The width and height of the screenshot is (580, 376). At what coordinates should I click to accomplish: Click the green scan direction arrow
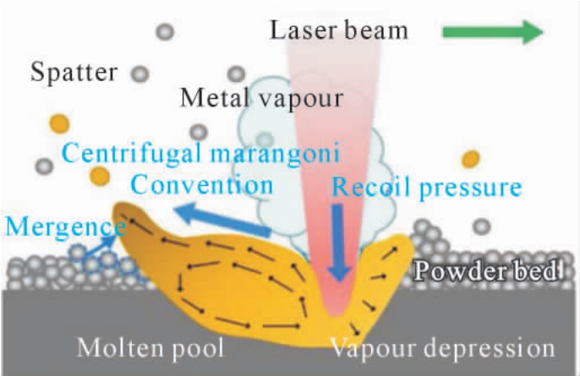click(493, 32)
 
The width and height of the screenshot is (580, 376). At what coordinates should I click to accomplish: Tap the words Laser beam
click(339, 30)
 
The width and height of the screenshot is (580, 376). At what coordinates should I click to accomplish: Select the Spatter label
click(74, 73)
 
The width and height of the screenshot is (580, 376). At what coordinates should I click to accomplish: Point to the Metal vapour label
click(262, 99)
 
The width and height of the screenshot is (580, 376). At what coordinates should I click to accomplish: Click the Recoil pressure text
click(427, 187)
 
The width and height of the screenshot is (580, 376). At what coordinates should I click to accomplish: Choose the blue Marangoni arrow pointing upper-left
click(222, 220)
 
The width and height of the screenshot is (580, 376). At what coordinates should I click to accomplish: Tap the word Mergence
click(65, 226)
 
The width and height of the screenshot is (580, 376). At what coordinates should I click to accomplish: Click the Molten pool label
click(150, 348)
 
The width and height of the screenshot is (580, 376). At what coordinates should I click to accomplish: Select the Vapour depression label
click(442, 348)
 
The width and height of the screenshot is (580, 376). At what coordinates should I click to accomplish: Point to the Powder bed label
click(486, 271)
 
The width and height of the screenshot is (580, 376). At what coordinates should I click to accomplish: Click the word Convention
click(202, 184)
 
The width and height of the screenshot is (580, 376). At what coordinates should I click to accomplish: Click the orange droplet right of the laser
click(470, 160)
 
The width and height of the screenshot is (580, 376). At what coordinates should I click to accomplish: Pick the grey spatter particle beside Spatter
click(140, 74)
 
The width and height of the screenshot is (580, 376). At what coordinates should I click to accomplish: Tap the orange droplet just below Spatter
click(59, 123)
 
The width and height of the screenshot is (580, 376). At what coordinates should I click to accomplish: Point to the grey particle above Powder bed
click(482, 226)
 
